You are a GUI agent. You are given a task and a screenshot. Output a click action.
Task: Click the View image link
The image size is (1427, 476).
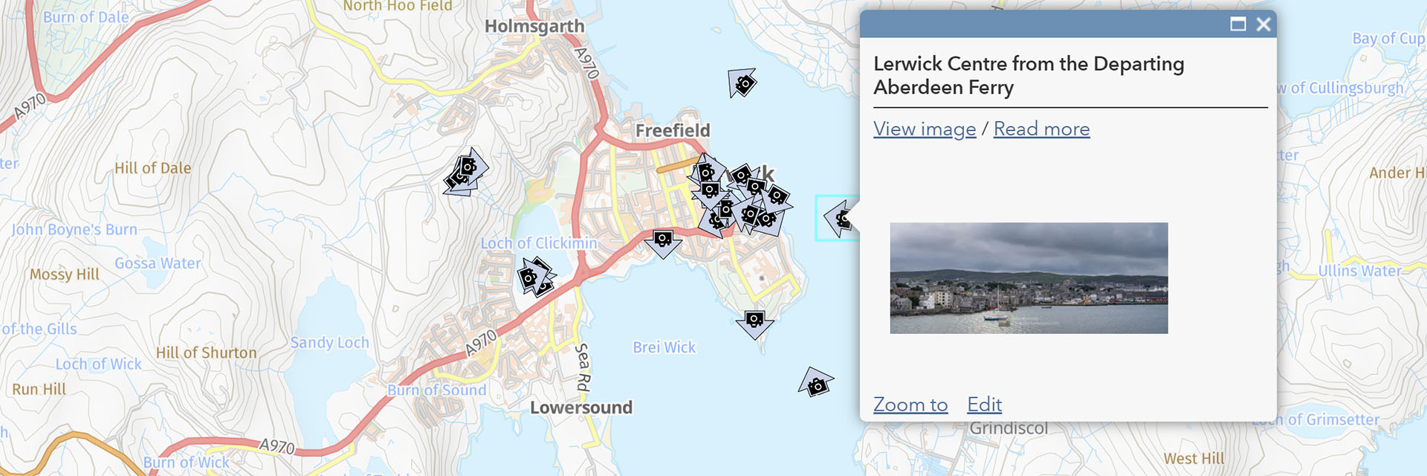(x=924, y=129)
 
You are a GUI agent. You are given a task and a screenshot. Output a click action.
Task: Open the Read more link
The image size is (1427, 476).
(x=1041, y=129)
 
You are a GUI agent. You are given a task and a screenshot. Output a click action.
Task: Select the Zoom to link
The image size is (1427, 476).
(x=910, y=405)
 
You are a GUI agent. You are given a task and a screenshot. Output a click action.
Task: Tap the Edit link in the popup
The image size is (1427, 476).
(x=984, y=405)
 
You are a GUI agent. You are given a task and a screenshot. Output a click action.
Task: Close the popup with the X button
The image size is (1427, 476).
(x=1263, y=25)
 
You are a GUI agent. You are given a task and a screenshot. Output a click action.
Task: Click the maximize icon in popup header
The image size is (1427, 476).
(x=1237, y=25)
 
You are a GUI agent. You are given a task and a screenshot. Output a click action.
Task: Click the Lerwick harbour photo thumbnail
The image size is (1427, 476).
(x=1029, y=277)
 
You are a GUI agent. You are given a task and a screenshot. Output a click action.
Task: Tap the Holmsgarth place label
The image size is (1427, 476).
(x=534, y=27)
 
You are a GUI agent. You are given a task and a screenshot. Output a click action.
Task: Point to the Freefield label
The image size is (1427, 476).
(x=673, y=131)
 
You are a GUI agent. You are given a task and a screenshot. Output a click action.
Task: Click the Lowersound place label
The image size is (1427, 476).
(x=581, y=408)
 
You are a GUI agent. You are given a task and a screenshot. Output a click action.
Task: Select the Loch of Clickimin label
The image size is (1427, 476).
(x=539, y=243)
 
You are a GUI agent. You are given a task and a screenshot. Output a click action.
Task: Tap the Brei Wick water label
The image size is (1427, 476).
(x=664, y=347)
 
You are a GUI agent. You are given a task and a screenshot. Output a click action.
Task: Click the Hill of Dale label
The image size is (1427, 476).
(x=152, y=169)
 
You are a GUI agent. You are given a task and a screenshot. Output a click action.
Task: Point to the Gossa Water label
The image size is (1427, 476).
(x=158, y=263)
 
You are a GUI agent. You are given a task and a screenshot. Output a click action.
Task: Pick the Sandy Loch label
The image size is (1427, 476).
(x=329, y=343)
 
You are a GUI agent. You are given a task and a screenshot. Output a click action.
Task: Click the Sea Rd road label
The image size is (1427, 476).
(x=583, y=367)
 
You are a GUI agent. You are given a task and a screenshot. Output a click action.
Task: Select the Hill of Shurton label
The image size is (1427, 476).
(x=206, y=353)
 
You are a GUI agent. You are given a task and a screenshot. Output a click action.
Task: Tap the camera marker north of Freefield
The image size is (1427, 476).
(x=742, y=83)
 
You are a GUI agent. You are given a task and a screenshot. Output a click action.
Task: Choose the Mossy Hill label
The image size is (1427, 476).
(x=65, y=274)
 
